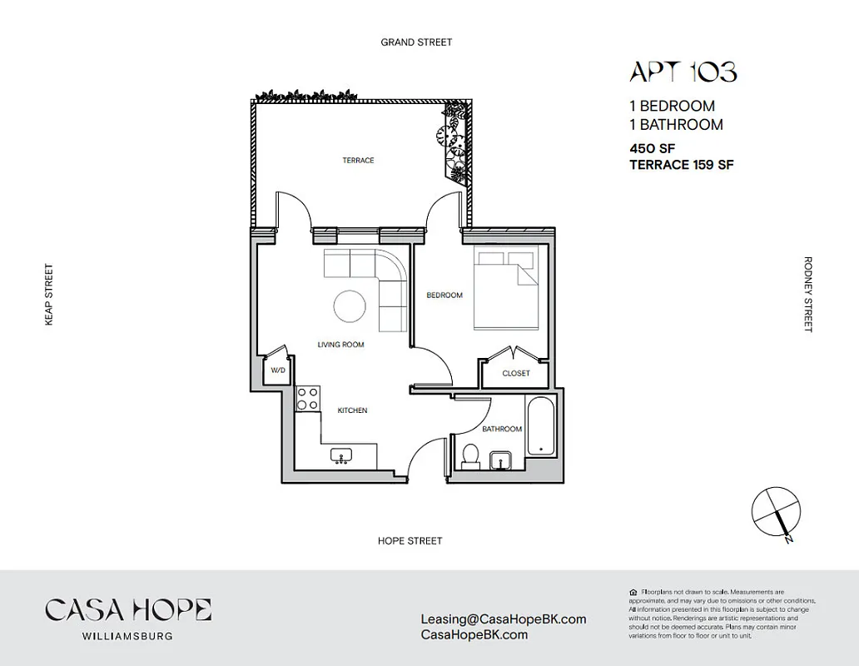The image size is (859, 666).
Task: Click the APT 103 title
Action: point(683,72)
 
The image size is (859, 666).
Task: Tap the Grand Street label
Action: point(416,42)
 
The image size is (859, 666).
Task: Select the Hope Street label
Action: point(410,540)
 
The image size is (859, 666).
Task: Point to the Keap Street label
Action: point(49,295)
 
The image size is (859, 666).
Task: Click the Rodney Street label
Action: point(807,294)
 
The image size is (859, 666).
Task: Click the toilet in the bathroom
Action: point(470,456)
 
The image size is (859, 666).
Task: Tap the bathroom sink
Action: point(501,460)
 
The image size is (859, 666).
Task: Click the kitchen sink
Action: point(341,455)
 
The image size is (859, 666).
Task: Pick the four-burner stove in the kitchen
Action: point(308,398)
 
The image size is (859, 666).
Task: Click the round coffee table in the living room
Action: point(350,306)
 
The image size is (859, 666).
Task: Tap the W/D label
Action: point(276,370)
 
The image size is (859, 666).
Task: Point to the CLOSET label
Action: point(516,373)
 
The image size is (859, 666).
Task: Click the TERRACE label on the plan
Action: point(358,160)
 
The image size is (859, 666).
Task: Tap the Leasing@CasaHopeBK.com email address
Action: point(504,619)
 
